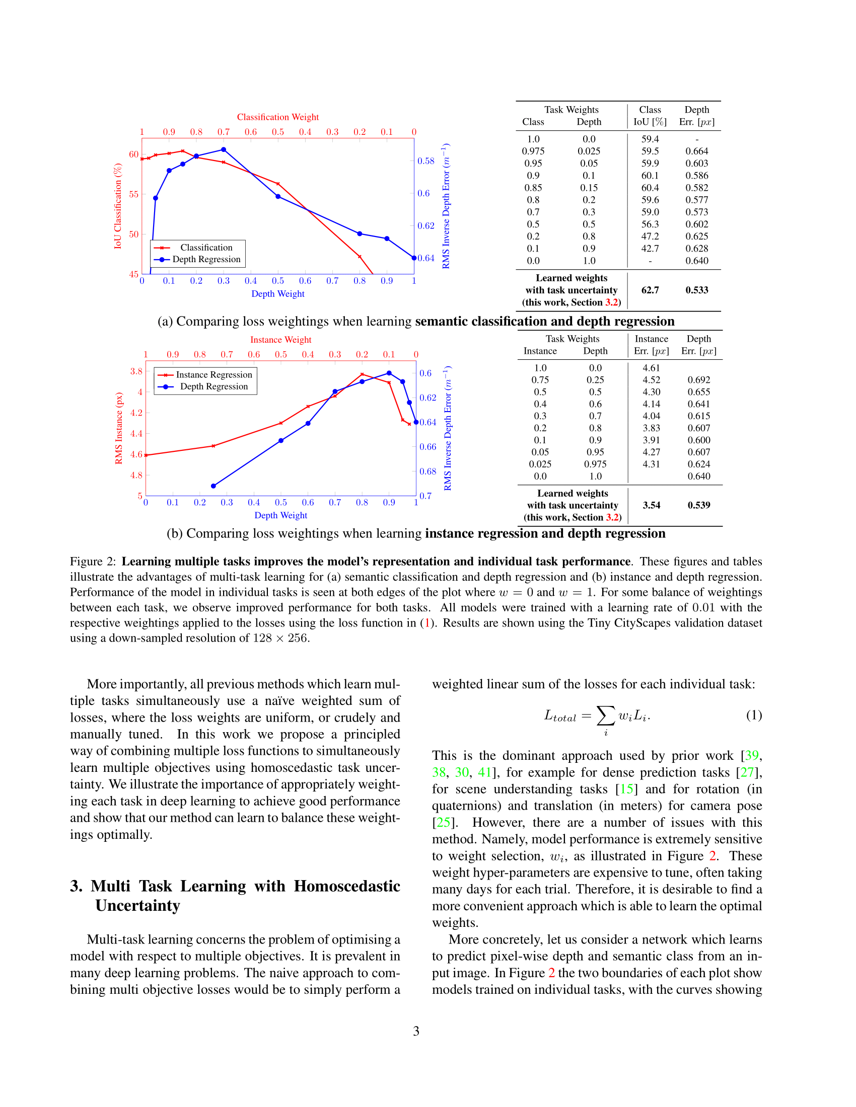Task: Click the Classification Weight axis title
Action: click(277, 117)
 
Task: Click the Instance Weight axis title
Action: click(280, 340)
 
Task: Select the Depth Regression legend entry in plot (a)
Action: click(206, 259)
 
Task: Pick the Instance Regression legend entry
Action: click(213, 374)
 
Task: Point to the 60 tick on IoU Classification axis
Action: click(133, 154)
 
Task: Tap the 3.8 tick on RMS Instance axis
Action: click(136, 371)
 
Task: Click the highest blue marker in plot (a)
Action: click(224, 149)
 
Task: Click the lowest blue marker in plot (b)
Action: click(213, 486)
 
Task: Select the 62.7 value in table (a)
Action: click(650, 290)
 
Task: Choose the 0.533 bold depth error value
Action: click(697, 290)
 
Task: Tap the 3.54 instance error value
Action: click(651, 505)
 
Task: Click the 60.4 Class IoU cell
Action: click(650, 188)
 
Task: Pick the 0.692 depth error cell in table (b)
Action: click(698, 379)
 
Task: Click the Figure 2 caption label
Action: click(93, 562)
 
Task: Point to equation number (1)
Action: click(754, 715)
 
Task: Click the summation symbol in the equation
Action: click(605, 716)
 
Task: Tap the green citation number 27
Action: click(747, 772)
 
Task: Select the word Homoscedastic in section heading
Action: click(347, 886)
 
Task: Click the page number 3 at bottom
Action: click(416, 1031)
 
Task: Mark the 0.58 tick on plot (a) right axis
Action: click(425, 161)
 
